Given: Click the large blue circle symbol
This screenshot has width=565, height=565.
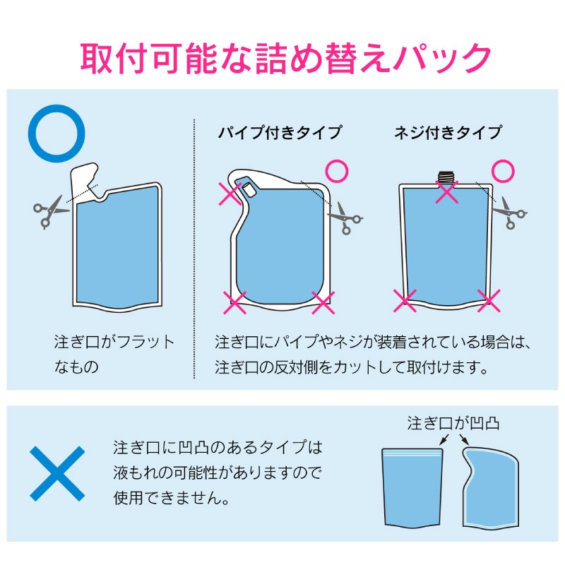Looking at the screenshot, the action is (x=56, y=107).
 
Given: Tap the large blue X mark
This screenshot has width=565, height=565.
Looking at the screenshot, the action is (x=57, y=473).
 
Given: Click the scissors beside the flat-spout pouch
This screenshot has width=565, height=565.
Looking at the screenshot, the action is (x=50, y=212).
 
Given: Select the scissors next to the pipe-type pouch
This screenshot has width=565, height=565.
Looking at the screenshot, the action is (x=345, y=218).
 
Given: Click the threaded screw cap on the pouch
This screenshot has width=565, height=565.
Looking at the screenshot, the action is (x=446, y=177).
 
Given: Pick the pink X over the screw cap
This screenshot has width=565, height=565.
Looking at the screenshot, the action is (x=447, y=191).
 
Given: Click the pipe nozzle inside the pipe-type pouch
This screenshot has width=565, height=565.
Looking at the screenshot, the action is (x=249, y=189).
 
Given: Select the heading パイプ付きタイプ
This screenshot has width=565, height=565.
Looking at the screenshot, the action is (x=280, y=133).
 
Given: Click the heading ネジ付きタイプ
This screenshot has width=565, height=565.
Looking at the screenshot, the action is (x=448, y=133).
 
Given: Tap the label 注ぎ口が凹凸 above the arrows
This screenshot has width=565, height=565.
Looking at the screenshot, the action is (x=453, y=423).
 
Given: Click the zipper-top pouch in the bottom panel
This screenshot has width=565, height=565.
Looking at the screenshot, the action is (x=412, y=487).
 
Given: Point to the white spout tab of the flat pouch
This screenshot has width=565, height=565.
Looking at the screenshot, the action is (x=85, y=179).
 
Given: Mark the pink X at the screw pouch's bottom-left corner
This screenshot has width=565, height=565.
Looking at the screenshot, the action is (x=405, y=301).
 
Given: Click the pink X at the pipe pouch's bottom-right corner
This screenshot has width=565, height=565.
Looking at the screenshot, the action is (x=323, y=303).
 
